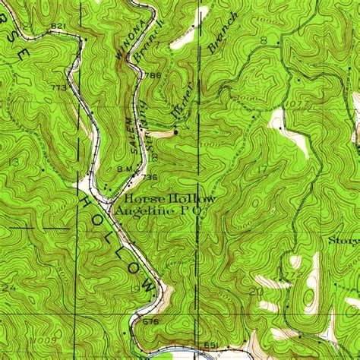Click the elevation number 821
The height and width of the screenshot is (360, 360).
(56, 27)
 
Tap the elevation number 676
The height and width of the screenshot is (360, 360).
(152, 321)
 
